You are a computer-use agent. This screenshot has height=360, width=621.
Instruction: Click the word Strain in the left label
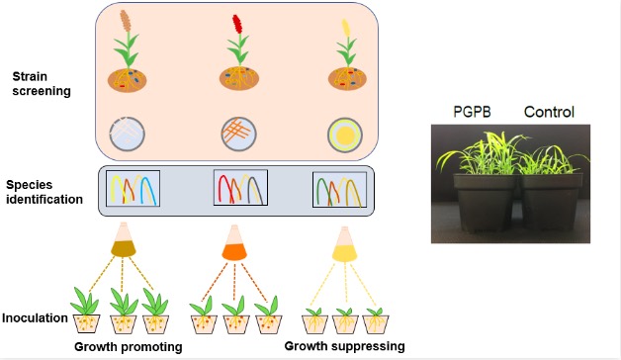(30, 76)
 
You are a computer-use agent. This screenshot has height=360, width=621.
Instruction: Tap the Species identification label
(44, 192)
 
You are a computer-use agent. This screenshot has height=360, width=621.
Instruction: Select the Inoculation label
(35, 317)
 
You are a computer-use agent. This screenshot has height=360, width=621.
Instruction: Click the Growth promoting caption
(129, 347)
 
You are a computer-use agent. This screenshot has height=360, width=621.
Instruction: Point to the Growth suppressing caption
(344, 346)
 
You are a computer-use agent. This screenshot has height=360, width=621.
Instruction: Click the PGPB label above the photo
(472, 112)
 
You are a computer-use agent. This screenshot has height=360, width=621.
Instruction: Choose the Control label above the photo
(549, 112)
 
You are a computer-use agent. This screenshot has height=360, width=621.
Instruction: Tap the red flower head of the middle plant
(237, 24)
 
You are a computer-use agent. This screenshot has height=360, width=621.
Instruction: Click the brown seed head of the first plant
(126, 21)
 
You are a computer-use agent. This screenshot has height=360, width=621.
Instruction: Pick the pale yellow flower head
(346, 27)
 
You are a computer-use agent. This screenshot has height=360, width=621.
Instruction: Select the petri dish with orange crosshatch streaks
(239, 134)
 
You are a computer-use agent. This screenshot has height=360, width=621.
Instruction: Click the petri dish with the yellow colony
(345, 135)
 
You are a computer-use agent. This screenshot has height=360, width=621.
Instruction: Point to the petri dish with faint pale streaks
(128, 134)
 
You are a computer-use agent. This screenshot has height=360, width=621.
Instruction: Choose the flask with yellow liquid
(344, 244)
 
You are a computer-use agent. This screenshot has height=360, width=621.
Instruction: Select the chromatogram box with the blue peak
(133, 188)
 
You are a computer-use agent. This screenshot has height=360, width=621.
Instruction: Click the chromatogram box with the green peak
(340, 190)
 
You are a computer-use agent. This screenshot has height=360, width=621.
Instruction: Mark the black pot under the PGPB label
(484, 202)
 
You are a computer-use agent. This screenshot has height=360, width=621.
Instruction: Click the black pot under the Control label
(552, 202)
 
